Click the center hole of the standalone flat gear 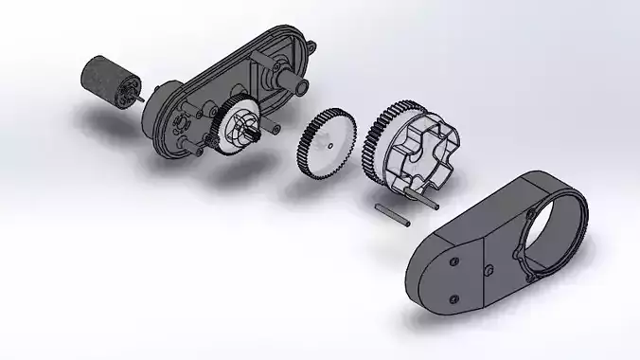(329, 146)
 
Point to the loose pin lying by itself (392, 215)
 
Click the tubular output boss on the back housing (295, 86)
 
